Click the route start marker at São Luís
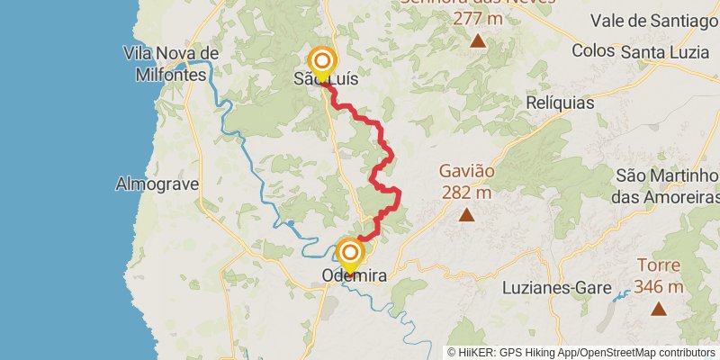(x=321, y=61)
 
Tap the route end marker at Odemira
(x=349, y=253)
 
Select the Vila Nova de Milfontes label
(x=171, y=62)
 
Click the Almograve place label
(x=151, y=184)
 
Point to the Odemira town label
(x=354, y=277)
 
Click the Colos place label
(x=591, y=53)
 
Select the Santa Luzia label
(x=667, y=53)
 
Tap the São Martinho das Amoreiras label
(x=666, y=184)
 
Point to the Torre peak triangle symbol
(x=659, y=310)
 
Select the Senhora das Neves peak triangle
(x=477, y=40)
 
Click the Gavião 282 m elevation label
(x=466, y=180)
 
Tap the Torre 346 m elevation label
(x=659, y=276)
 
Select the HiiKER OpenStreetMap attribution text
(x=581, y=353)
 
